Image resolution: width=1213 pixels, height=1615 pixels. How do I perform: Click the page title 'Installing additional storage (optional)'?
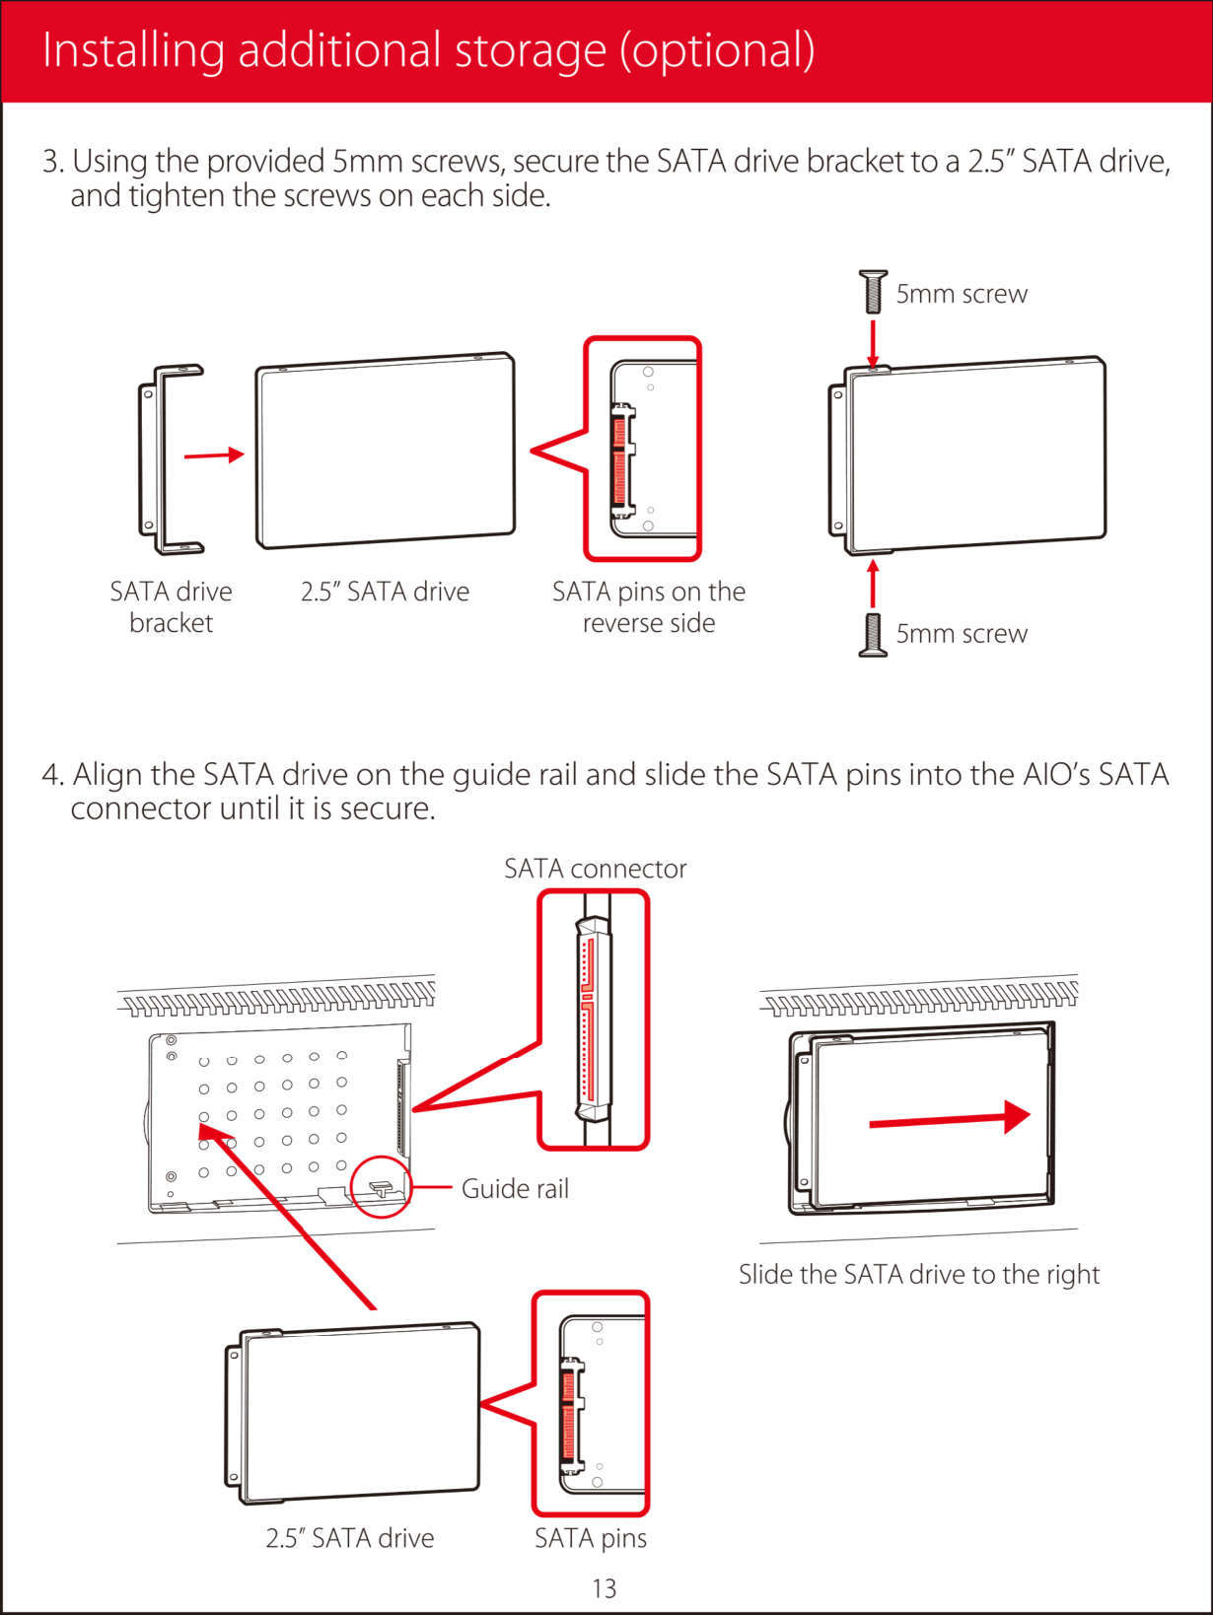tap(429, 50)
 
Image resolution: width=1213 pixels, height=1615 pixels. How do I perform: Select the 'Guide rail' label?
tap(515, 1188)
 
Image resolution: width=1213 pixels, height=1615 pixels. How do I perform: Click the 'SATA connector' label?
tap(595, 869)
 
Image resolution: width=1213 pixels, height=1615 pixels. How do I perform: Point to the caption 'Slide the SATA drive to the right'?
tap(919, 1274)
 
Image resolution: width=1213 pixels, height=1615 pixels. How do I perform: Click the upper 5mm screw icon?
tap(873, 291)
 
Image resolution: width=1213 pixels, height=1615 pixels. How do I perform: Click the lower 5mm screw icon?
tap(873, 634)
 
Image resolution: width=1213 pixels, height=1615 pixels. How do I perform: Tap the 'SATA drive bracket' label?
tap(171, 606)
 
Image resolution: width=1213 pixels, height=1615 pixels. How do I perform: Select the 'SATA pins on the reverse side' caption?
tap(648, 606)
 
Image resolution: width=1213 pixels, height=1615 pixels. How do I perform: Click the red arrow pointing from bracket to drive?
tap(214, 455)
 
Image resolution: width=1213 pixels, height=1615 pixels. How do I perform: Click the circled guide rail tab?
tap(381, 1186)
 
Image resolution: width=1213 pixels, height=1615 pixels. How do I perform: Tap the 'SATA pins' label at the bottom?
tap(590, 1538)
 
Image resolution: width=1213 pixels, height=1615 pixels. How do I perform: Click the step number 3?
tap(51, 161)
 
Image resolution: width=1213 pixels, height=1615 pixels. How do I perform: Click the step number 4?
tap(51, 774)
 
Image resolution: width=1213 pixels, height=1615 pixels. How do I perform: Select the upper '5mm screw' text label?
tap(962, 294)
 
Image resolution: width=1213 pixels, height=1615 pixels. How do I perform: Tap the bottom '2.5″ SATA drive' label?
tap(349, 1538)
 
